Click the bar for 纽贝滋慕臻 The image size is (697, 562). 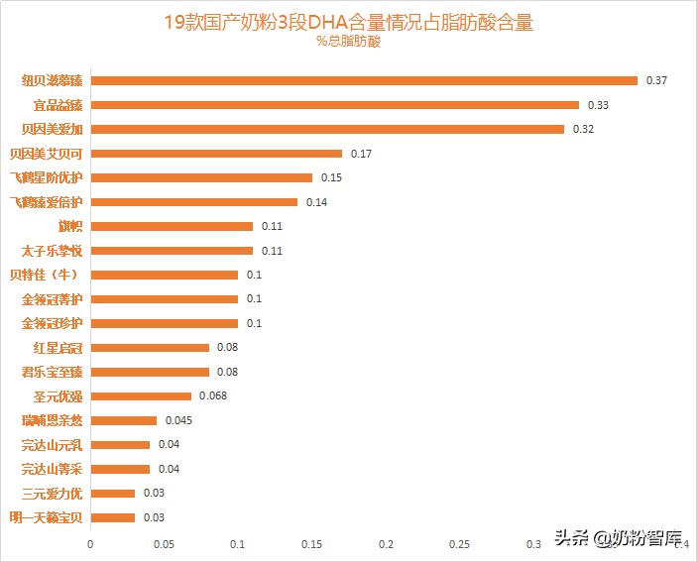pyautogui.click(x=363, y=80)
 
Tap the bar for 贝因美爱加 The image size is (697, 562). pyautogui.click(x=327, y=129)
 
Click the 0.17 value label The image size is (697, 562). pyautogui.click(x=361, y=154)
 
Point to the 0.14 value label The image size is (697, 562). pyautogui.click(x=316, y=202)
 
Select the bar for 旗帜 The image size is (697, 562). pyautogui.click(x=172, y=226)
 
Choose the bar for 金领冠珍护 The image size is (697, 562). pyautogui.click(x=164, y=323)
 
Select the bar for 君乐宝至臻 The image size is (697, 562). pyautogui.click(x=150, y=372)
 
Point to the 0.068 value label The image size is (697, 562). pyautogui.click(x=213, y=396)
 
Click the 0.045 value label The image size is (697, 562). pyautogui.click(x=178, y=420)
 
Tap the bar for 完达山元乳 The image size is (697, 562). pyautogui.click(x=120, y=445)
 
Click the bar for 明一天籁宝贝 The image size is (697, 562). pyautogui.click(x=112, y=517)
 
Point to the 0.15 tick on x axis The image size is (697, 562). pyautogui.click(x=312, y=544)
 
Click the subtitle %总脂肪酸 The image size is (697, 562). pyautogui.click(x=348, y=42)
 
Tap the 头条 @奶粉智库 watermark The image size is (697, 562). pyautogui.click(x=619, y=539)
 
